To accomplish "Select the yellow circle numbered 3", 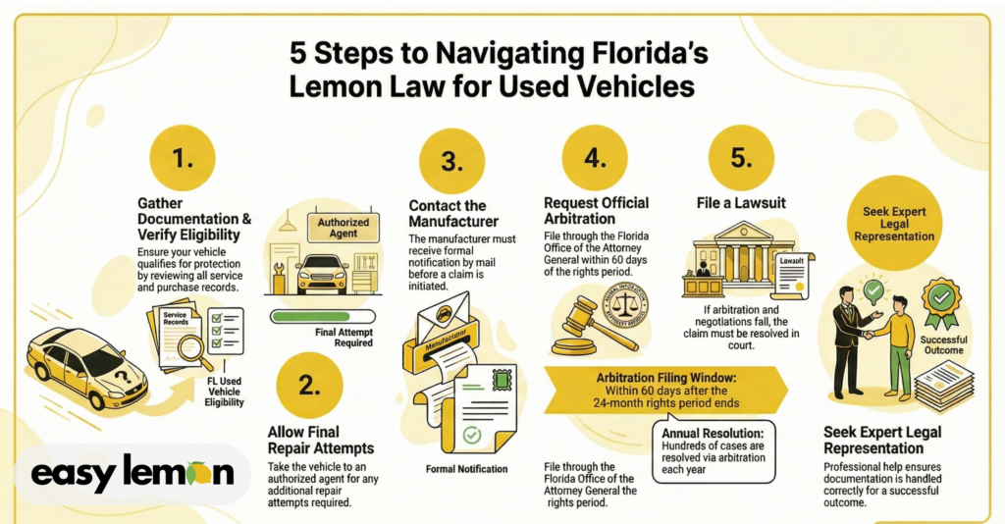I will click(450, 163).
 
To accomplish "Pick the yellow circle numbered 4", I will click(595, 157).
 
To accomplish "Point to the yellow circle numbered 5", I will click(741, 157).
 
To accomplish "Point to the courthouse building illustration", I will click(730, 256).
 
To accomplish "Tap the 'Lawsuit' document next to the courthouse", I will click(792, 274).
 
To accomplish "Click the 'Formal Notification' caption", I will click(466, 469).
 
